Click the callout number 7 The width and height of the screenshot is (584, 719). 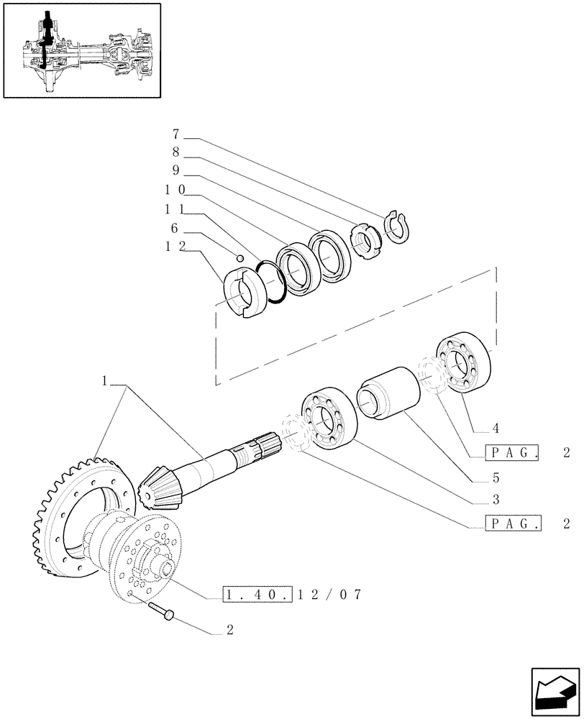(175, 134)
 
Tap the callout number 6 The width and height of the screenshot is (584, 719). (175, 228)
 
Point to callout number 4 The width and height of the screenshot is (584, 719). (496, 429)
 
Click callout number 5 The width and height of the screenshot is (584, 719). (496, 477)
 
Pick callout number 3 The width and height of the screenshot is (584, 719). (496, 499)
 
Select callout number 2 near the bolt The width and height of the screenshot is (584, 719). (229, 631)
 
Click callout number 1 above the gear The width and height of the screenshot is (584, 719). (105, 382)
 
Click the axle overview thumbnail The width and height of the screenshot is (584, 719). (81, 50)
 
